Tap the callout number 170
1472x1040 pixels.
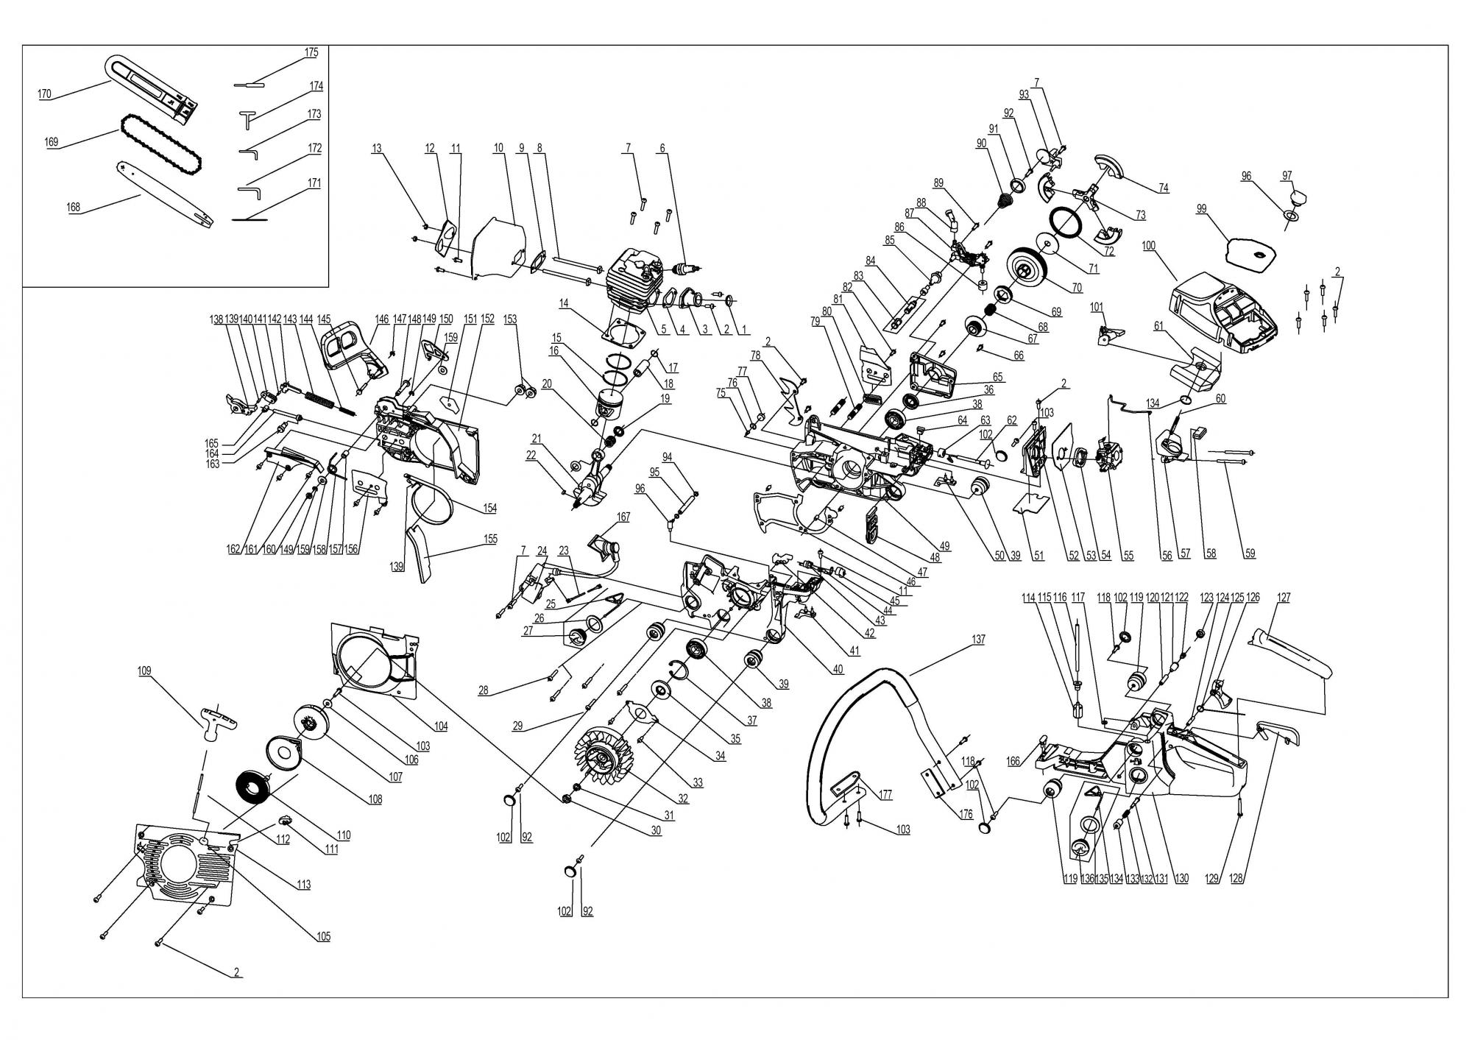[x=44, y=93]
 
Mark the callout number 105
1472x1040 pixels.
[x=324, y=936]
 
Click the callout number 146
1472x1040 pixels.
[x=381, y=319]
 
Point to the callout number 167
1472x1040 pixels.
[x=623, y=517]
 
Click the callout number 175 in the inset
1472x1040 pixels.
[x=311, y=52]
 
